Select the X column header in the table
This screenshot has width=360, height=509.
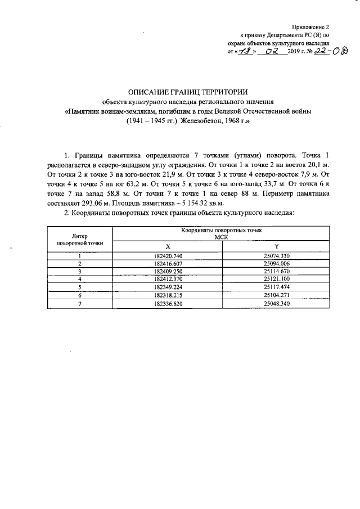coord(167,247)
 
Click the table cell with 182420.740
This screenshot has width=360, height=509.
coord(167,256)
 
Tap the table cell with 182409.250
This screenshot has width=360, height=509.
coord(167,271)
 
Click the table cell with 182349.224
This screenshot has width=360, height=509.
coord(167,287)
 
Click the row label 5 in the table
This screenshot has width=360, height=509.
coord(80,287)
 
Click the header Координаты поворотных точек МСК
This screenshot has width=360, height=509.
coord(221,235)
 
